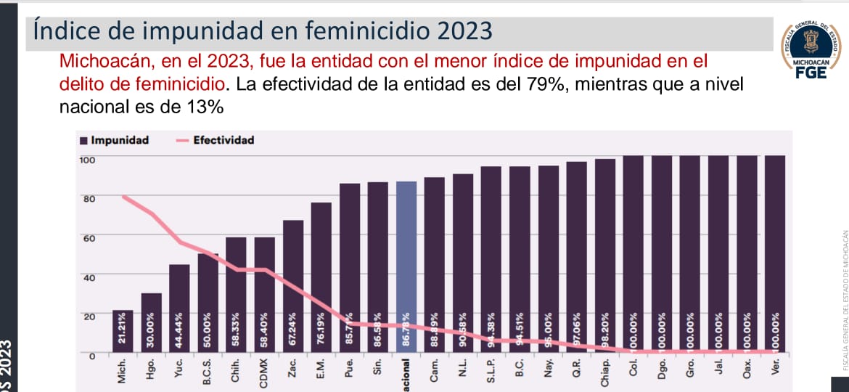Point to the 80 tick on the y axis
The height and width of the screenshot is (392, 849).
88,197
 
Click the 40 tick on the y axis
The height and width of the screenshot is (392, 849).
88,277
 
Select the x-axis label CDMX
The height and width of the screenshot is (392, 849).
265,373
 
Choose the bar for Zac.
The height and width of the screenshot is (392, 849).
293,287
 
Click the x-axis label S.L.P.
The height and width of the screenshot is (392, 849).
491,372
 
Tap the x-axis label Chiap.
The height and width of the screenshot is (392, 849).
604,373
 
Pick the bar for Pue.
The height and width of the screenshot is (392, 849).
350,269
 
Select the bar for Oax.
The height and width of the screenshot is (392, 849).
747,254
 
